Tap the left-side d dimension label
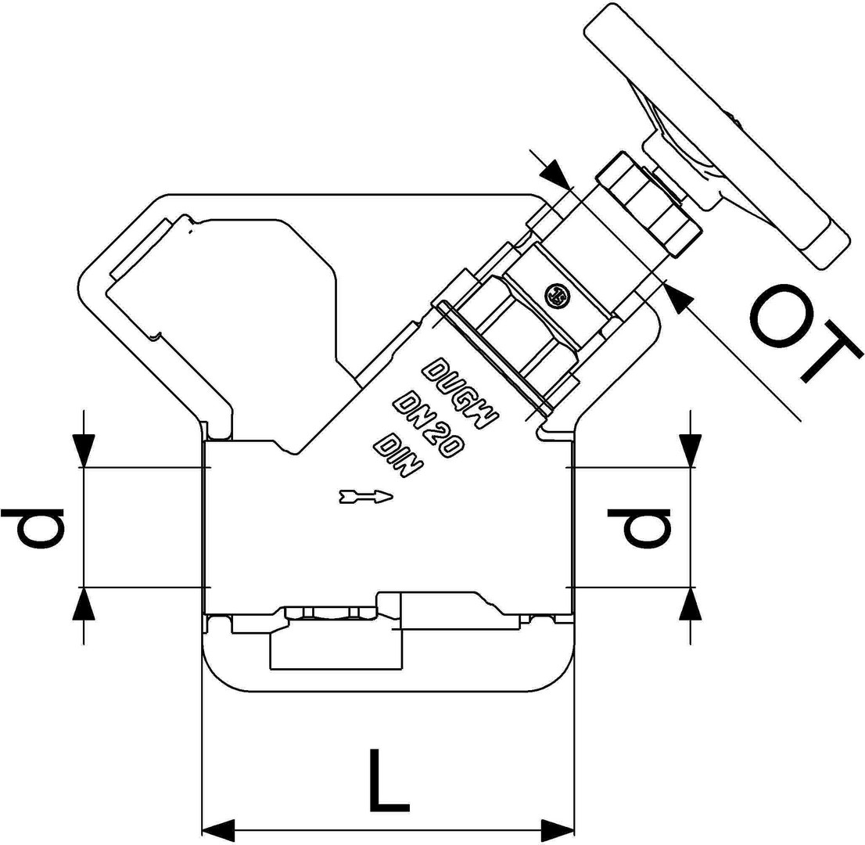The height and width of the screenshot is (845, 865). [33, 527]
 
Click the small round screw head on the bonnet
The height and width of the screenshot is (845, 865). [557, 294]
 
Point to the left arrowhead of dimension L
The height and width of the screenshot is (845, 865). [218, 829]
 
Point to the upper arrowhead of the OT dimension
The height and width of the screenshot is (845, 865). [556, 174]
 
